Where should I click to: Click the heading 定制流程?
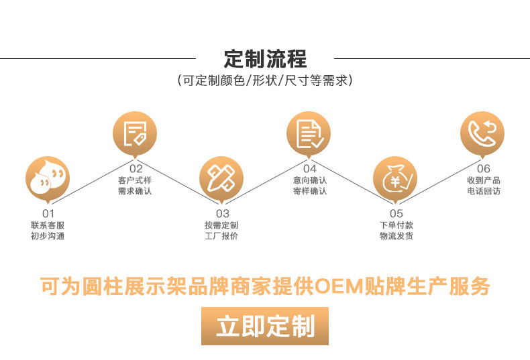tap(265, 58)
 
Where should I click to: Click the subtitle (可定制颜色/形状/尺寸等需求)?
tap(265, 81)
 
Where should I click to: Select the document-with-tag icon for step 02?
tap(135, 133)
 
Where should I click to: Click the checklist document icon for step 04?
tap(309, 133)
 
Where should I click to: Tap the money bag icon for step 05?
tap(395, 178)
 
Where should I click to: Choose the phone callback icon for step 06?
tap(482, 133)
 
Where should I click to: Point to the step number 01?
tap(48, 214)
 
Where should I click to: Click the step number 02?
tap(135, 169)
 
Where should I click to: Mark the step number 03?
tap(221, 214)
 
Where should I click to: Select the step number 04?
tap(309, 169)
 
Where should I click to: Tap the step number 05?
tap(396, 214)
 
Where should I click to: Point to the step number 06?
tap(483, 169)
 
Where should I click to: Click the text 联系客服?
tap(48, 225)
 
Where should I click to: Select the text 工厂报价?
tap(221, 236)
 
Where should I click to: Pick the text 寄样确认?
tap(309, 191)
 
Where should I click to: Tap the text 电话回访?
tap(483, 191)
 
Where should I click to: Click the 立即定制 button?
tap(265, 326)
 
